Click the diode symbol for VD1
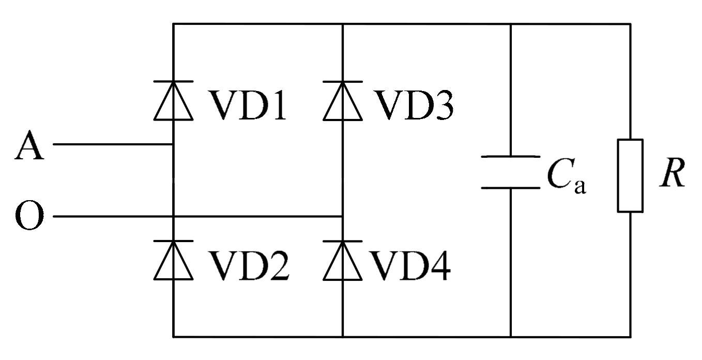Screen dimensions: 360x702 (x=173, y=101)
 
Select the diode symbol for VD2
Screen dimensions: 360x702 (x=173, y=260)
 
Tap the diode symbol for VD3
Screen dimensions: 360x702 (x=342, y=101)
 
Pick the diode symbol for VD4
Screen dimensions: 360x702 (x=342, y=260)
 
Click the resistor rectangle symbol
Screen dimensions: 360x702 (x=630, y=175)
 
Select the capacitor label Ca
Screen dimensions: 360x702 (x=566, y=177)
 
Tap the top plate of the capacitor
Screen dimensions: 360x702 (x=511, y=156)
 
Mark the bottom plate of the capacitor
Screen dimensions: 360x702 (x=511, y=188)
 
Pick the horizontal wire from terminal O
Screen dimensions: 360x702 (x=196, y=217)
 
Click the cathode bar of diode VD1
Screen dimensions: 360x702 (x=173, y=82)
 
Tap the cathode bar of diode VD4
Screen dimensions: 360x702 (x=342, y=241)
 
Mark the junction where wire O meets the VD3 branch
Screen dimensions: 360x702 (x=342, y=217)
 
